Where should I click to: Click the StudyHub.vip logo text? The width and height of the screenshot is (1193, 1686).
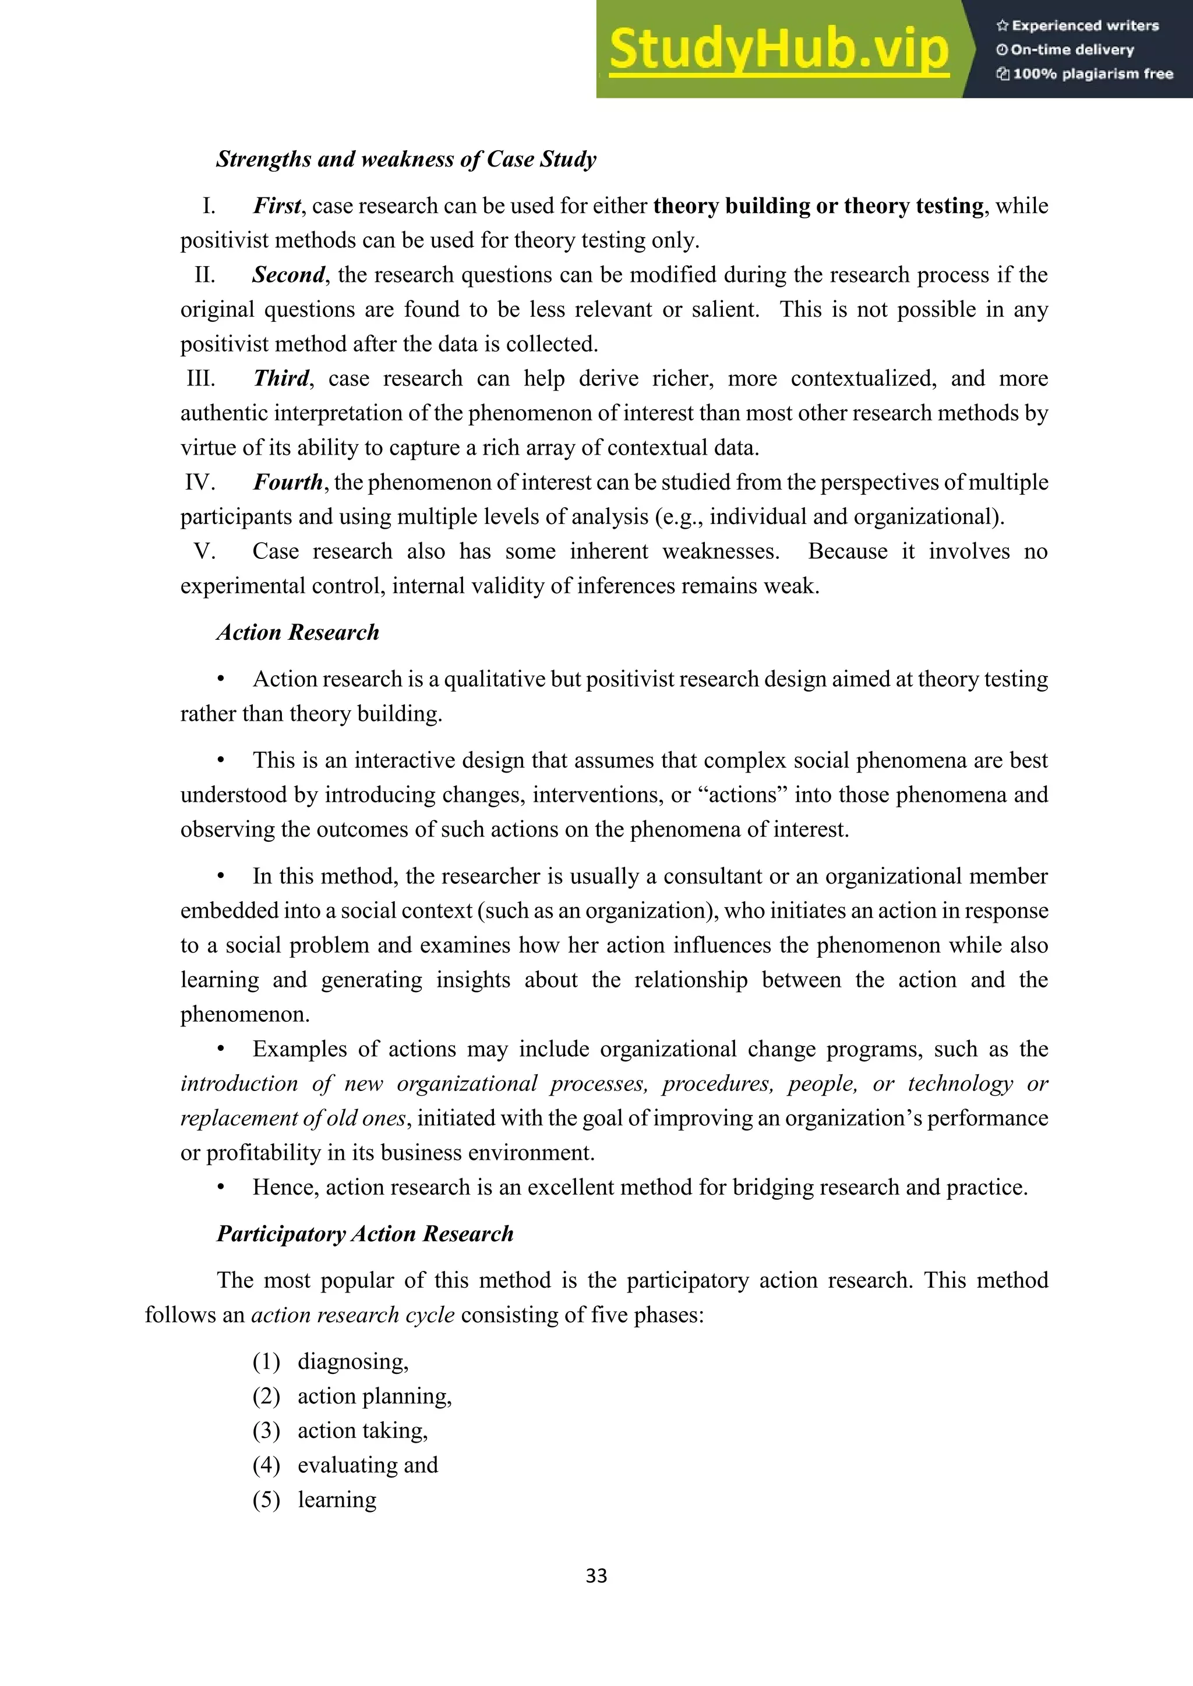click(779, 50)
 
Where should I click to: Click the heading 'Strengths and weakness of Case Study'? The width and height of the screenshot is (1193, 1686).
click(405, 160)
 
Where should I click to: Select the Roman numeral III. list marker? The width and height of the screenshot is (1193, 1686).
click(200, 378)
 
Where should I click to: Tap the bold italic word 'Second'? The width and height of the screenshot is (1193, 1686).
click(288, 275)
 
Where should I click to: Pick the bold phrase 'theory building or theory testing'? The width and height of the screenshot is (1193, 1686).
click(818, 206)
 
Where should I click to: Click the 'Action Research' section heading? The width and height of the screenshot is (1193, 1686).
click(298, 632)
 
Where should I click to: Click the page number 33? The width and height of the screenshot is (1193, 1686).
click(596, 1576)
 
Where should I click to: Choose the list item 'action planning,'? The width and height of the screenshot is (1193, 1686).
click(374, 1396)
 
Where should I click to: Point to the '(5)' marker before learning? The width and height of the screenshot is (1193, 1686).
click(266, 1500)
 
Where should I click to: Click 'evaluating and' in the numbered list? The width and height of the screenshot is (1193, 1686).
click(368, 1465)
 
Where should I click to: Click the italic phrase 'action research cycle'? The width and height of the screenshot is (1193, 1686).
click(352, 1315)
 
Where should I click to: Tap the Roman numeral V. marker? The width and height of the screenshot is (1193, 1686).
click(204, 551)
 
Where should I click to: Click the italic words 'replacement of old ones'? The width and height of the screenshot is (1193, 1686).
click(292, 1118)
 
